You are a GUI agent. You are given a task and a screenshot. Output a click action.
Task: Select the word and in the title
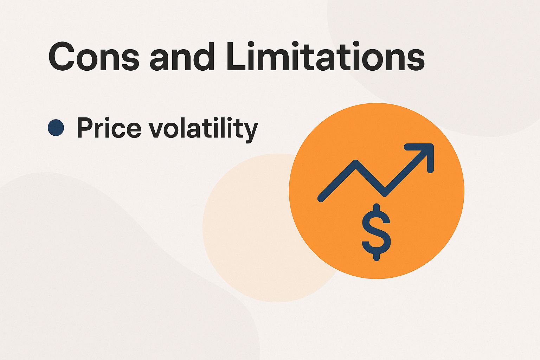[182, 56]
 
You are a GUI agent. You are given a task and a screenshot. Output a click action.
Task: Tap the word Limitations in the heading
[325, 56]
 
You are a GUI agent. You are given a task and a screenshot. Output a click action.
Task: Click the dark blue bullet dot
[56, 127]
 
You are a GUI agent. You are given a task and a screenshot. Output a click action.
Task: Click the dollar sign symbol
[376, 232]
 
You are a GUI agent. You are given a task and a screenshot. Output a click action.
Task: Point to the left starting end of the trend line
[321, 199]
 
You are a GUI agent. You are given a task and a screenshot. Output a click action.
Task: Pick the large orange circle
[415, 239]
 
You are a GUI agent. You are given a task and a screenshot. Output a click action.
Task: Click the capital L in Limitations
[234, 56]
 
